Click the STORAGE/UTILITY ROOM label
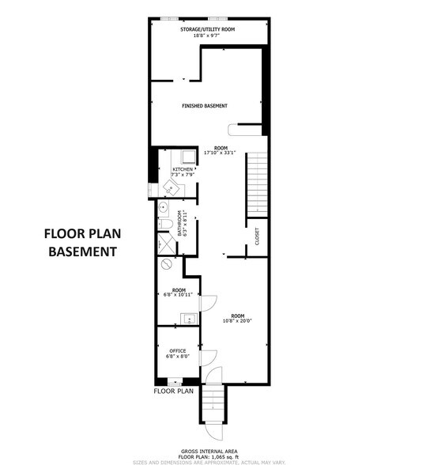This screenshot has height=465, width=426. point(209,29)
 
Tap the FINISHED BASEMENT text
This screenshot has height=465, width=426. point(205,106)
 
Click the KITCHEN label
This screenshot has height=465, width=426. point(183,169)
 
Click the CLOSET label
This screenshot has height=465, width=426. point(257,236)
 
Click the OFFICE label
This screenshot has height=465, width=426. point(177,350)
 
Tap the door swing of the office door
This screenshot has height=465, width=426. point(209,360)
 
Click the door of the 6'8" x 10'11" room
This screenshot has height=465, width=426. point(207,301)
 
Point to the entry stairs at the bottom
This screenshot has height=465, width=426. point(213,409)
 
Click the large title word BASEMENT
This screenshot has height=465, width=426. point(82,252)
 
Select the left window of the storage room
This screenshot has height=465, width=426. point(170,18)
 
